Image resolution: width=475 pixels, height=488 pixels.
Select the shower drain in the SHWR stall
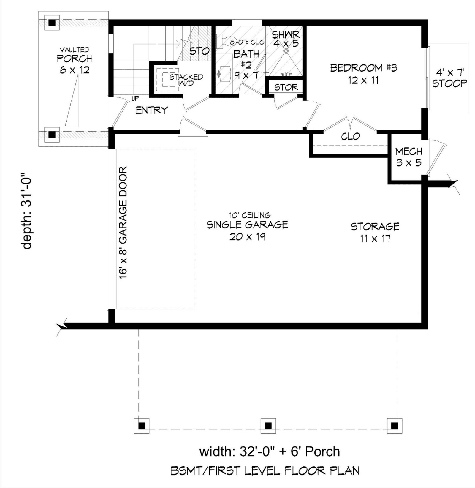286,51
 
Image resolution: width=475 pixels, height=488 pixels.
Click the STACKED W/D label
186,80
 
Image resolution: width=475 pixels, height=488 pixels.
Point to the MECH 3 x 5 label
408,157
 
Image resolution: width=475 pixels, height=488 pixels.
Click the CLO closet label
350,136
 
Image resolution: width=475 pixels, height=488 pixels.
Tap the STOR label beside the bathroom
286,87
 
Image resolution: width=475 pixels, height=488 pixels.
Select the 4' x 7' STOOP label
449,78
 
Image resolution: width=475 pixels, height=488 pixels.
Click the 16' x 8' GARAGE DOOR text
123,222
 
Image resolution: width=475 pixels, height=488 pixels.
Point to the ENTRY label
152,110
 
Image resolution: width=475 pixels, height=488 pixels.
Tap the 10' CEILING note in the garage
250,215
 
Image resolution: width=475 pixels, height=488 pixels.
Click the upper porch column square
52,23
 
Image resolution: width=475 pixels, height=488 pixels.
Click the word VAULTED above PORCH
74,50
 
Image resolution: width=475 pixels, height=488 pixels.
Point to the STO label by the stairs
199,51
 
